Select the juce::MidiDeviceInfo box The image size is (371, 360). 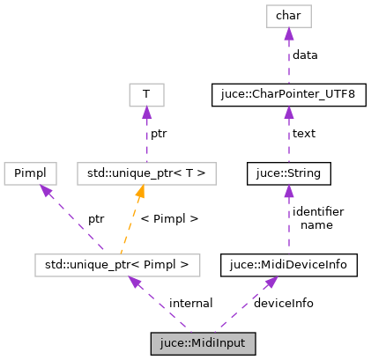288,263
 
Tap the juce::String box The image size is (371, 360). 288,173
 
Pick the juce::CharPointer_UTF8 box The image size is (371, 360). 288,92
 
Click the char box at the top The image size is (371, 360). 288,15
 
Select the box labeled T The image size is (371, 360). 147,94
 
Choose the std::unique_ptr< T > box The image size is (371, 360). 147,173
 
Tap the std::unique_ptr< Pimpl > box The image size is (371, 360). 116,263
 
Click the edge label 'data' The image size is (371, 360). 305,55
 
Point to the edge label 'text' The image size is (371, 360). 304,134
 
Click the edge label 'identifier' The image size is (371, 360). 317,211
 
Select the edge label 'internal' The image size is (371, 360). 190,303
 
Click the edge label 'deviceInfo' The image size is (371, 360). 283,303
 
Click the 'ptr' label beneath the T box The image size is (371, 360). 159,134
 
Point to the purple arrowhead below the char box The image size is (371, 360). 288,33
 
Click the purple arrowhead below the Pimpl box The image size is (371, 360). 45,190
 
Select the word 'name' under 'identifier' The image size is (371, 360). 316,224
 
